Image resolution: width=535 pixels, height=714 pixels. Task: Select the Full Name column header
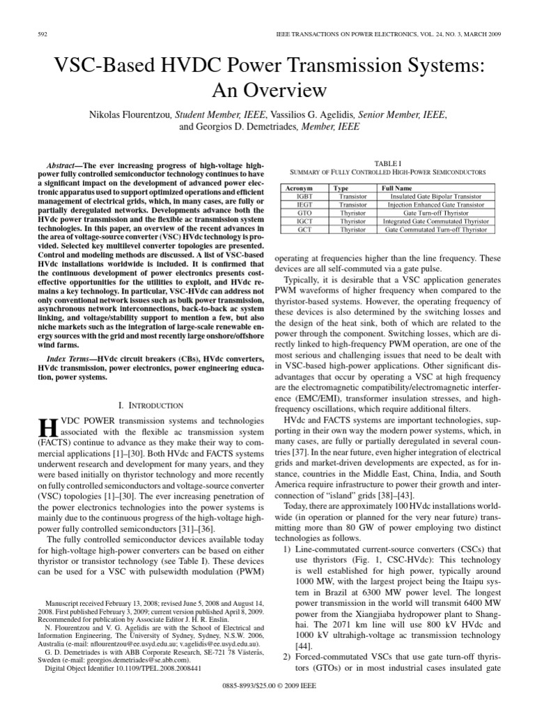click(x=396, y=188)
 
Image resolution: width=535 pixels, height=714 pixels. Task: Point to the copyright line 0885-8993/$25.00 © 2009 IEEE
click(x=267, y=701)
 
